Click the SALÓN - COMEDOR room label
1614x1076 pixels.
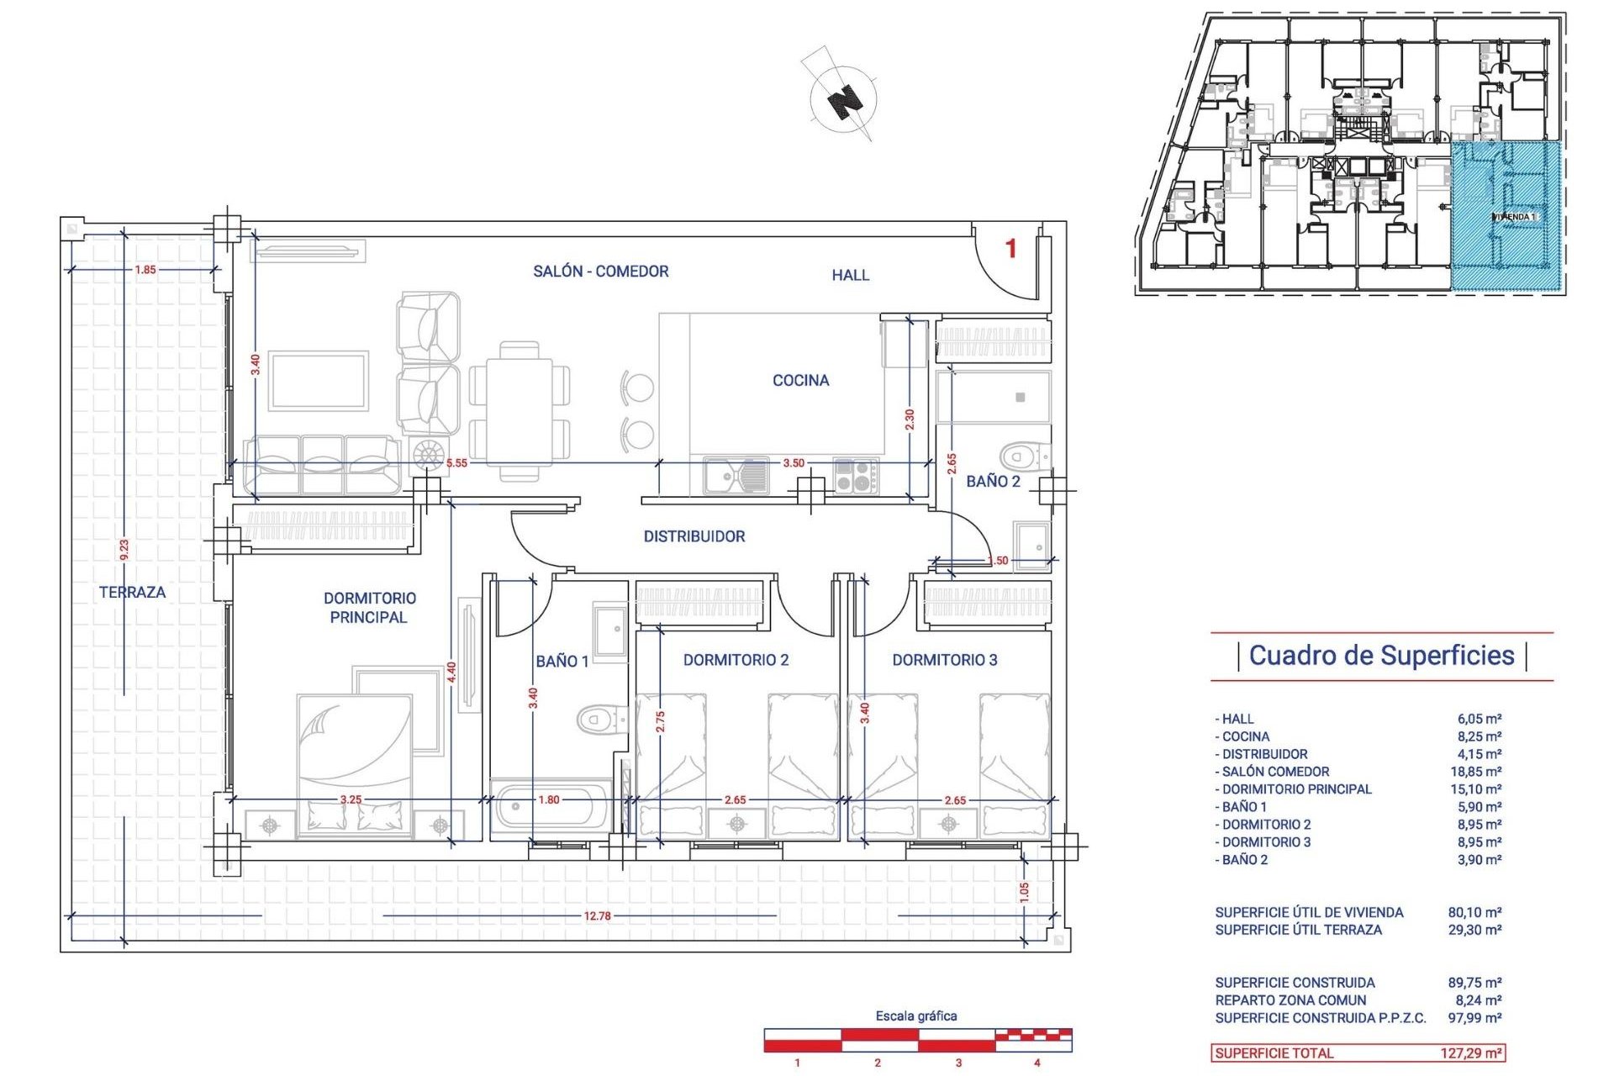click(600, 272)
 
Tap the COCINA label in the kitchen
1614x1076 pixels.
click(800, 381)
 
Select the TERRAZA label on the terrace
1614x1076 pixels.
click(132, 593)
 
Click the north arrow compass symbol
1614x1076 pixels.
click(844, 100)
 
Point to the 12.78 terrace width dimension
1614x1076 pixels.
click(597, 916)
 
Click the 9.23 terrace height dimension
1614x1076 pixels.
click(124, 550)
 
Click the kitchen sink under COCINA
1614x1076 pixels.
click(736, 476)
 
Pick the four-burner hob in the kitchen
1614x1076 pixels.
click(855, 476)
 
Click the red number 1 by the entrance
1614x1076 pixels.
click(1011, 249)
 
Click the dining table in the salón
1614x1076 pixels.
click(520, 410)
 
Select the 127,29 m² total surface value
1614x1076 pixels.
click(1470, 1053)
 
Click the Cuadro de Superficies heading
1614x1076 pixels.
click(1381, 656)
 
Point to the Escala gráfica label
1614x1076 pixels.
click(916, 1016)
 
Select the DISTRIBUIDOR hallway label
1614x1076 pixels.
click(694, 536)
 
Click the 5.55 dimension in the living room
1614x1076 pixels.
click(456, 463)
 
